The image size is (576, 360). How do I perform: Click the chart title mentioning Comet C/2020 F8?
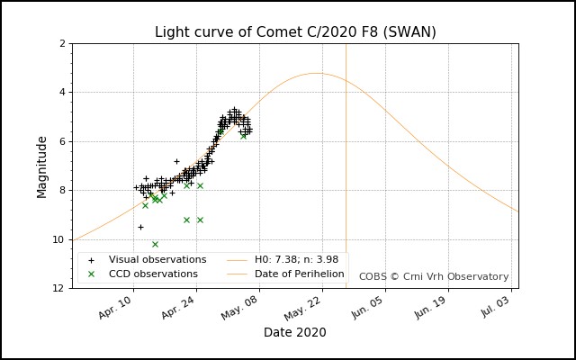[x=295, y=32]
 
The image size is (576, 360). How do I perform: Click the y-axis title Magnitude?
[x=42, y=166]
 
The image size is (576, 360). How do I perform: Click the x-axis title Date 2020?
[x=294, y=332]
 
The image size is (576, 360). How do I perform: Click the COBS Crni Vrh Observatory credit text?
[x=434, y=276]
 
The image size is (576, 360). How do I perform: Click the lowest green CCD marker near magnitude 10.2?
[x=155, y=244]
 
